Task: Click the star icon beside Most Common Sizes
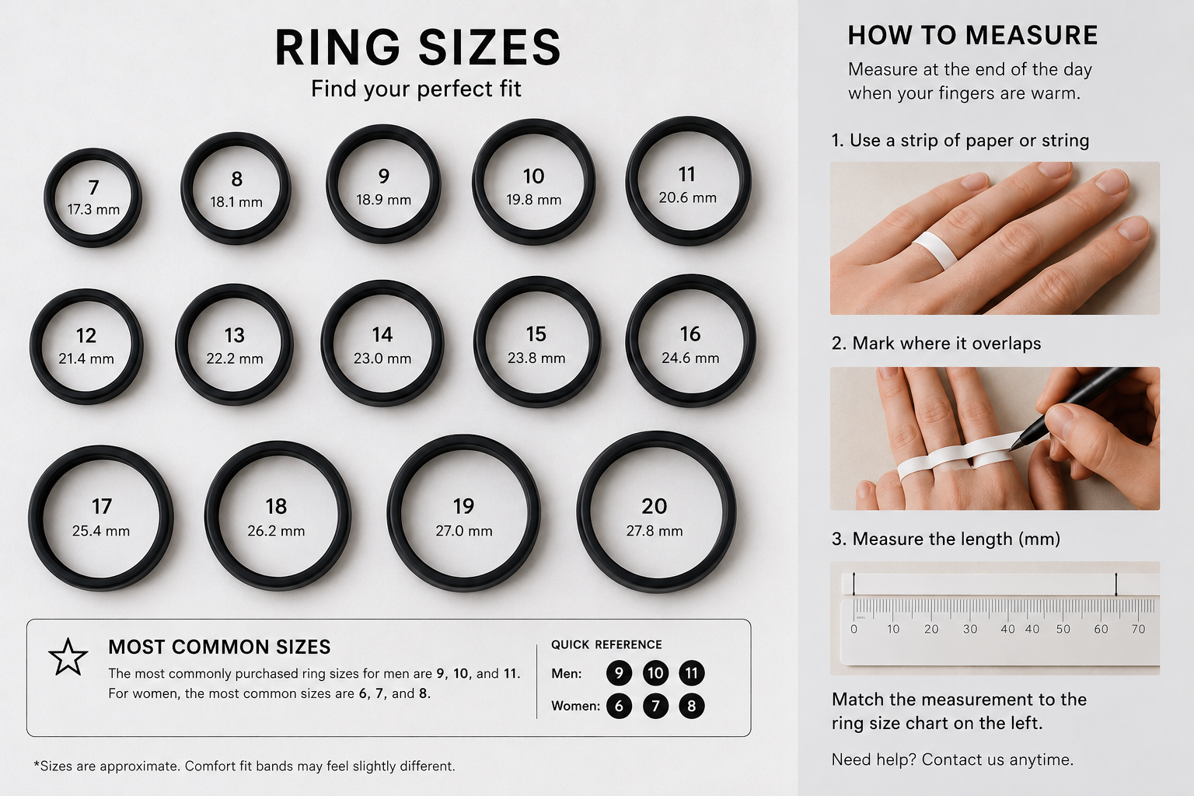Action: (x=68, y=657)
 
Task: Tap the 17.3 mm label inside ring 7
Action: (x=93, y=210)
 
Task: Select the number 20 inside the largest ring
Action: (x=654, y=506)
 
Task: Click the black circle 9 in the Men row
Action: (x=619, y=673)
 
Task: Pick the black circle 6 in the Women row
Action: (x=619, y=706)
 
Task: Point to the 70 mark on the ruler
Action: (x=1138, y=629)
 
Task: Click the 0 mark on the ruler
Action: (x=854, y=629)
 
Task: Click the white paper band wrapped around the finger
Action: (x=935, y=249)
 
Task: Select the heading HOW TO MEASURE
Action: (x=972, y=36)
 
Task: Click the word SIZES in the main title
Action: (x=490, y=47)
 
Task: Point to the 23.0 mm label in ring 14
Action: (x=382, y=358)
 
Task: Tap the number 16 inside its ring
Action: (x=690, y=334)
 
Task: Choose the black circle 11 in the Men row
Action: (x=691, y=673)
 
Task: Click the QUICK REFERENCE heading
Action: (x=606, y=644)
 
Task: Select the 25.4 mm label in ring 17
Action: (x=101, y=531)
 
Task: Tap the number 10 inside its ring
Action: (x=533, y=176)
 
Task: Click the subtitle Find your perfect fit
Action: (x=416, y=89)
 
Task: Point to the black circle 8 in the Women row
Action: (x=691, y=706)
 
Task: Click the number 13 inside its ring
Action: (x=235, y=335)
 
